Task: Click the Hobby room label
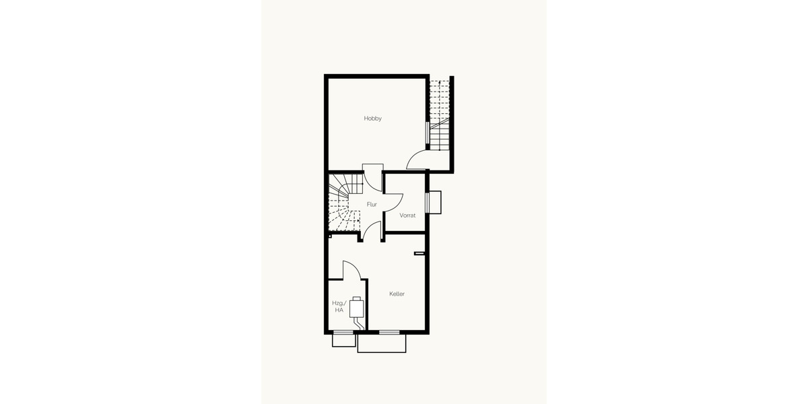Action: coord(373,119)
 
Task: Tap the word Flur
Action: coord(372,204)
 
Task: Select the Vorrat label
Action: coord(407,215)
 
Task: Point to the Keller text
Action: coord(397,294)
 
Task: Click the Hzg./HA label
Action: coord(338,306)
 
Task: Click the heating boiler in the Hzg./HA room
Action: coord(357,308)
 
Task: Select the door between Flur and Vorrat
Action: coord(393,203)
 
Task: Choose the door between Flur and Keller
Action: coord(372,231)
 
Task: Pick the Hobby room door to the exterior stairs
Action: coord(417,160)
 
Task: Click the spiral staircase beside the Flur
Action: coord(343,202)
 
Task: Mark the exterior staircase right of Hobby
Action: coord(440,114)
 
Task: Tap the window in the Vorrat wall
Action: coord(427,203)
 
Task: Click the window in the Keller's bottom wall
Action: coord(389,332)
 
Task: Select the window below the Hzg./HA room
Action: coord(343,332)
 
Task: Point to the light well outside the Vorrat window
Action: coord(435,203)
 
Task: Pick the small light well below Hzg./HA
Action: coord(343,341)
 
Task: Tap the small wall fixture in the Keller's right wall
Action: coord(419,253)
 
